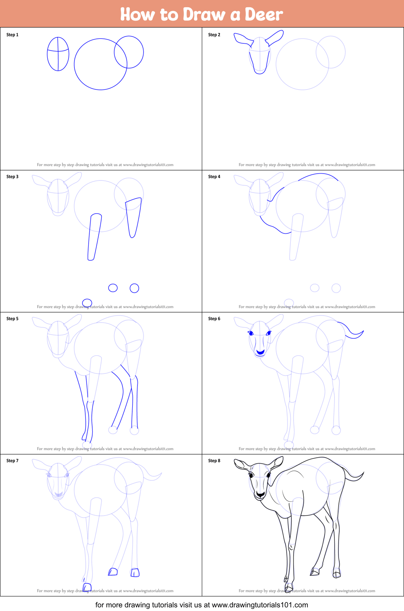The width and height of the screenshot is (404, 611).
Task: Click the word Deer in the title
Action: click(x=264, y=14)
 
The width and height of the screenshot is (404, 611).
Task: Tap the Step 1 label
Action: click(x=12, y=35)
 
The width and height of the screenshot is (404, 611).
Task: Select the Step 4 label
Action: click(x=214, y=176)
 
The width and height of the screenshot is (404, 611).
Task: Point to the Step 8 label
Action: click(x=214, y=460)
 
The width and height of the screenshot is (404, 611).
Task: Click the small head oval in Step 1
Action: click(x=47, y=54)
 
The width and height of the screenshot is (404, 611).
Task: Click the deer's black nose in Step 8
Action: click(x=260, y=494)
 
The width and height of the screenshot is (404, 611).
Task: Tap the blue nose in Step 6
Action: click(x=260, y=352)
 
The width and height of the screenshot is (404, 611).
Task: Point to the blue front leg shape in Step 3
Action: click(x=95, y=237)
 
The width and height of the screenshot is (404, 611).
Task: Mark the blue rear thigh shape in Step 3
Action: click(x=133, y=217)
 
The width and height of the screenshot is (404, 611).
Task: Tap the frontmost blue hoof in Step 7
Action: click(x=87, y=587)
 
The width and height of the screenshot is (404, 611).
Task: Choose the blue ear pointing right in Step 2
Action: click(x=275, y=38)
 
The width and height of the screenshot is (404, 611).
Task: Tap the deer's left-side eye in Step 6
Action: click(x=250, y=333)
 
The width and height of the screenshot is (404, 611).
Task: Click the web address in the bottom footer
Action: click(x=260, y=605)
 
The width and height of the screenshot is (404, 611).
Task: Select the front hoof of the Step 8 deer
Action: click(x=289, y=587)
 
